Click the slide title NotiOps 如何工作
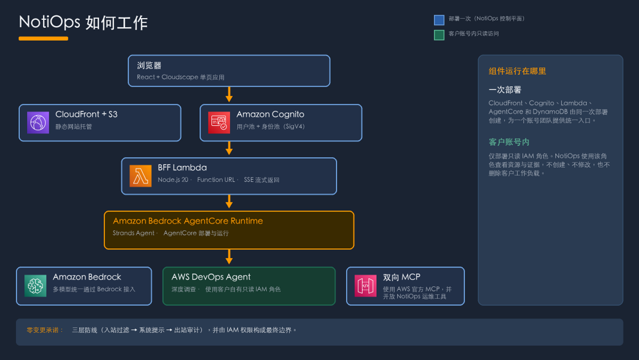[83, 22]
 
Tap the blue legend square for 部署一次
[439, 20]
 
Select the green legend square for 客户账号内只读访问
[439, 35]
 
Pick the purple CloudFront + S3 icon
[38, 122]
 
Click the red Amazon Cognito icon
[219, 122]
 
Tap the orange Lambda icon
[140, 176]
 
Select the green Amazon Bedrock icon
[36, 285]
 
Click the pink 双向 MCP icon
[365, 285]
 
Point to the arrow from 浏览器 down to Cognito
[229, 94]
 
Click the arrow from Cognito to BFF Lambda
[229, 148]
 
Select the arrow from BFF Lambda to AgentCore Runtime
[229, 201]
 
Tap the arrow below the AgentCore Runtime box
[229, 257]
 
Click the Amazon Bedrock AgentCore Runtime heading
[188, 221]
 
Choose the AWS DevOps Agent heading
[211, 277]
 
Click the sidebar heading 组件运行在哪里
[517, 71]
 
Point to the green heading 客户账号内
[509, 142]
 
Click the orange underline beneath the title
[43, 39]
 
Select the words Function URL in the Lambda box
[216, 180]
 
